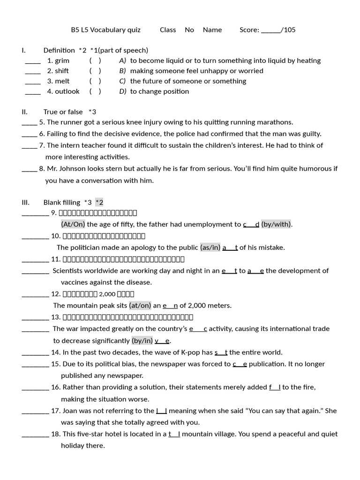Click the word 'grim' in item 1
(62, 60)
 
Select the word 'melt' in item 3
(62, 81)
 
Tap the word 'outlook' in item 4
(67, 91)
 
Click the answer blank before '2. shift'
(33, 71)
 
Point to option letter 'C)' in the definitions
(123, 81)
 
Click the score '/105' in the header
(288, 30)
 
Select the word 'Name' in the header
(212, 30)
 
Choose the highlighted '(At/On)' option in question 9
(73, 224)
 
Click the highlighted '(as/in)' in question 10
(210, 247)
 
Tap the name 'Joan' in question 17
(71, 411)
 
